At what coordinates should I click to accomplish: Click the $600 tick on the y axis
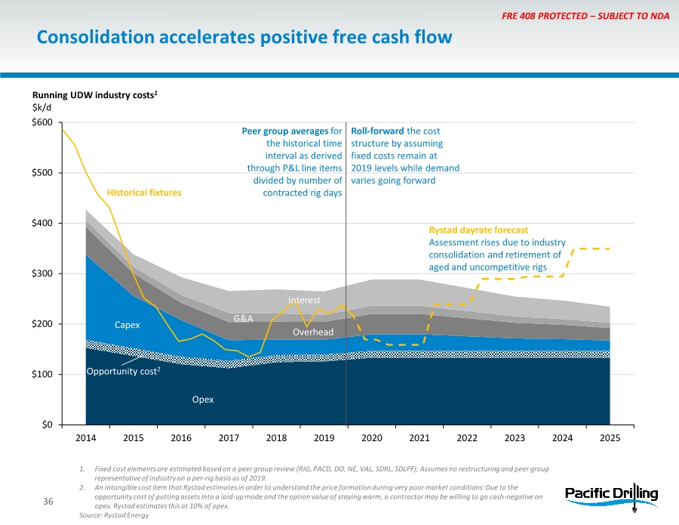coord(41,122)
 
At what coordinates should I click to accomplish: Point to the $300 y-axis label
coord(41,273)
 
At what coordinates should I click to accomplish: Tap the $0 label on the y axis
coord(46,425)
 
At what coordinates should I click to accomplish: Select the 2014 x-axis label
coord(86,438)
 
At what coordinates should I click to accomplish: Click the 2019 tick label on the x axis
coord(324,438)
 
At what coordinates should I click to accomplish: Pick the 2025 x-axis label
coord(610,438)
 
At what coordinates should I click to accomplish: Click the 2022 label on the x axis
coord(467,438)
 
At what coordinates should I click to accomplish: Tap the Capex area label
coord(128,325)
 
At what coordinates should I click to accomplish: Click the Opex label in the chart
coord(203,399)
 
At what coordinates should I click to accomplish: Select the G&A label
coord(243,319)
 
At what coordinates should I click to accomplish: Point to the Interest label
coord(305,301)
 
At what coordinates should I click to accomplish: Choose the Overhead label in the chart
coord(312,332)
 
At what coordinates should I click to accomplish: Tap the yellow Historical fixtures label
coord(144,193)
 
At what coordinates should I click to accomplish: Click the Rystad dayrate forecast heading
coord(478,229)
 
